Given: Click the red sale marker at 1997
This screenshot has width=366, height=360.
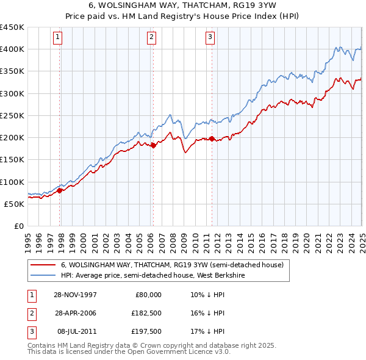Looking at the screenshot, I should click(60, 190).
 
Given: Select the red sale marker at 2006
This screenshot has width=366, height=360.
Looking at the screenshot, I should click(153, 145).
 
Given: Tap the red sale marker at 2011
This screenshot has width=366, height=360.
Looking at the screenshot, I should click(212, 139).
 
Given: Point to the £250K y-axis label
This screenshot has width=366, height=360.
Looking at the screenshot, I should click(12, 115).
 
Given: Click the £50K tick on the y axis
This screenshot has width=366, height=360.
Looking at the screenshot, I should click(14, 204).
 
